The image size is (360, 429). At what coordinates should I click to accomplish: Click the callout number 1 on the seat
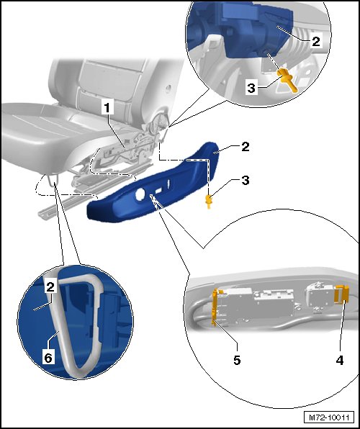107,107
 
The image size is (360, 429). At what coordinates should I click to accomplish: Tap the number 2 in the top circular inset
316,42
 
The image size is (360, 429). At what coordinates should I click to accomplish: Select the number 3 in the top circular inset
251,88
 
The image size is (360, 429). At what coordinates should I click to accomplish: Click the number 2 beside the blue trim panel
246,147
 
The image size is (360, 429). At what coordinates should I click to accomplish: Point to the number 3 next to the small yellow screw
246,180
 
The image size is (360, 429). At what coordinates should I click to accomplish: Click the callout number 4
339,361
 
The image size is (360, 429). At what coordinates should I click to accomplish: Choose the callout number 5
237,361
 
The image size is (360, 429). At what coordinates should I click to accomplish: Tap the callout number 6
48,358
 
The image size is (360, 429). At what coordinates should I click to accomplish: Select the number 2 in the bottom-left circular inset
50,286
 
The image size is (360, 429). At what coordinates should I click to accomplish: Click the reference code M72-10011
329,417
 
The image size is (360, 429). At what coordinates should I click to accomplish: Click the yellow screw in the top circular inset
287,81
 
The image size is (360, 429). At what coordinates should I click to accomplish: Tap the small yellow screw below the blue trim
209,202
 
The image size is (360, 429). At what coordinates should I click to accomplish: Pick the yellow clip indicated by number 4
342,294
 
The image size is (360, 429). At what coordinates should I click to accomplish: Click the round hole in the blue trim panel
140,193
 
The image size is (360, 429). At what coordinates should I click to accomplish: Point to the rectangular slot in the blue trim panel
159,191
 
